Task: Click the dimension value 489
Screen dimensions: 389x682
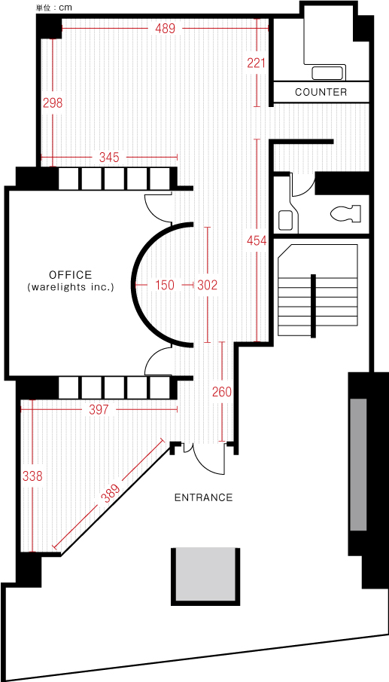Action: click(x=165, y=29)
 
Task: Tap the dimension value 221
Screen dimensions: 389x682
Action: click(x=256, y=63)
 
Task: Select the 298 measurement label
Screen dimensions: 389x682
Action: click(x=53, y=103)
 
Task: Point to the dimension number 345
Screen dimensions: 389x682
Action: click(x=109, y=157)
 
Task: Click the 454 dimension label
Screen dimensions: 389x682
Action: click(x=257, y=240)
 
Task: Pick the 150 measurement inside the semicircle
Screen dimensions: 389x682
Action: click(x=165, y=286)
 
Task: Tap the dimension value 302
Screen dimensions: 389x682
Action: click(x=207, y=286)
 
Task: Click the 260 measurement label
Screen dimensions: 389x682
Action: click(x=222, y=392)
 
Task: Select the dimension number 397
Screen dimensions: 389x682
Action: click(x=99, y=410)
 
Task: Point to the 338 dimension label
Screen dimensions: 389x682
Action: click(x=32, y=476)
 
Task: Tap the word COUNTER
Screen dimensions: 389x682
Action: click(x=321, y=92)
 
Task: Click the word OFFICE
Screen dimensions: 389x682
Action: click(x=70, y=275)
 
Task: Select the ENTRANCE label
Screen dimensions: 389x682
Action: click(x=204, y=497)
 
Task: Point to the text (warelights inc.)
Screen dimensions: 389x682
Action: click(x=70, y=287)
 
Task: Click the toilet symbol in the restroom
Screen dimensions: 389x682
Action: click(x=346, y=213)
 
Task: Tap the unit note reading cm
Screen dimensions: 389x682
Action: click(x=65, y=8)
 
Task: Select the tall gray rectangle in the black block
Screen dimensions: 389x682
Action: click(x=358, y=464)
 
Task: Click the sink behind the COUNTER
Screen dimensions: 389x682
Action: click(x=327, y=72)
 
